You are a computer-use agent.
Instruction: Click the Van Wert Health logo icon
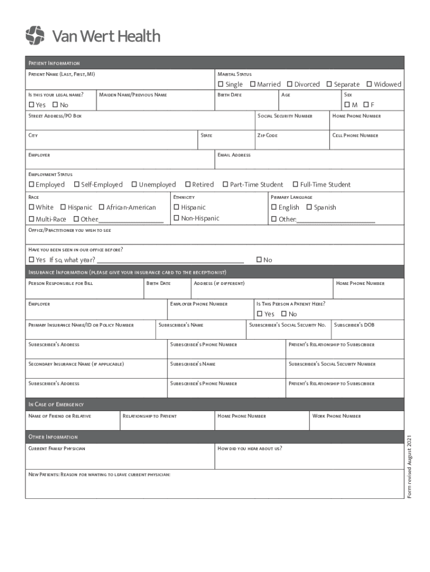tap(35, 35)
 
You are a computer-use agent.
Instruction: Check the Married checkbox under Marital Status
tap(252, 84)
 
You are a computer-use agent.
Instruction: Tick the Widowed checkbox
tap(369, 84)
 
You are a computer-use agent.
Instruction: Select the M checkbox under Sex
tap(347, 105)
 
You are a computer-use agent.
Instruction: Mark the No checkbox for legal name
tap(55, 105)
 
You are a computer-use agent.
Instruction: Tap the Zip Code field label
tap(267, 136)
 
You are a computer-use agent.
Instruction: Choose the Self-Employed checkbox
tap(77, 185)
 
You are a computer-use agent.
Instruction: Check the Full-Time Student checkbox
tap(295, 185)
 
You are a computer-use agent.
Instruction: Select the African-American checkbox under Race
tap(102, 207)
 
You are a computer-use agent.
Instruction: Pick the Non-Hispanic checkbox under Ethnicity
tap(176, 218)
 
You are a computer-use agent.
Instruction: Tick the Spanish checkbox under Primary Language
tap(309, 207)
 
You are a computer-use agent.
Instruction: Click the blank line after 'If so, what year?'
tap(170, 260)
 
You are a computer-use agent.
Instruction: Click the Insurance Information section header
tap(127, 272)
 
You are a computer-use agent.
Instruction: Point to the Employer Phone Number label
tap(198, 304)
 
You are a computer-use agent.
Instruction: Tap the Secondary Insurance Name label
tap(76, 364)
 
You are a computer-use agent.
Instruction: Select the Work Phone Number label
tap(336, 416)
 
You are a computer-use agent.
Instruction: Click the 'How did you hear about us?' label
tap(249, 449)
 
